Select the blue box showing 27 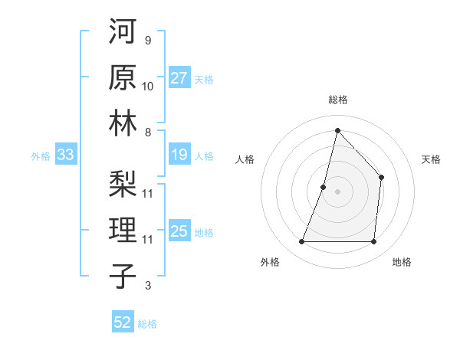tap(179, 78)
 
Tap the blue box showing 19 tap(179, 155)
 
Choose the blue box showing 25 tap(179, 232)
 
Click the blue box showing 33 tap(65, 155)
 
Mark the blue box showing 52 tap(123, 322)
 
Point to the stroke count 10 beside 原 tap(148, 86)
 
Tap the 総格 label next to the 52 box tap(147, 324)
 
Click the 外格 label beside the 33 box tap(41, 156)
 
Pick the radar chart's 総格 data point tap(337, 130)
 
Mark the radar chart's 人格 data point tap(324, 187)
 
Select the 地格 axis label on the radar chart tap(402, 262)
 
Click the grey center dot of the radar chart tap(337, 191)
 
